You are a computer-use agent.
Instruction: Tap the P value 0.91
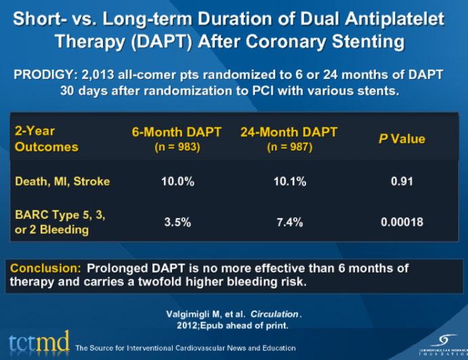[401, 181]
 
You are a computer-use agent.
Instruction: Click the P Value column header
[401, 139]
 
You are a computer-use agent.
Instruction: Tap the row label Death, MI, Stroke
[62, 181]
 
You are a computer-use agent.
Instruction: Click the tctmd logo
[37, 342]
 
